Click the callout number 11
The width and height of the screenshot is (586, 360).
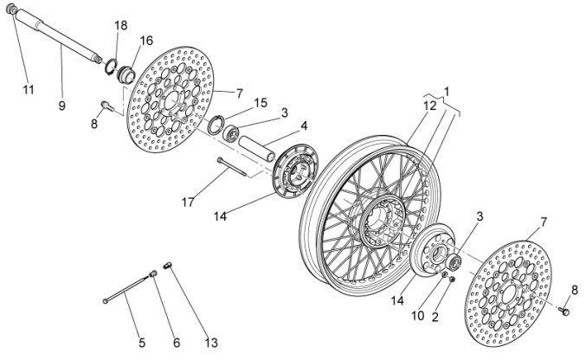pyautogui.click(x=29, y=90)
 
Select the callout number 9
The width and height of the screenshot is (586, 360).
pyautogui.click(x=62, y=106)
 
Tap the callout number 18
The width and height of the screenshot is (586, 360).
pyautogui.click(x=120, y=25)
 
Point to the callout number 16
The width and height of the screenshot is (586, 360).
pyautogui.click(x=146, y=41)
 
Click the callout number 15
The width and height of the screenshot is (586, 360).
pyautogui.click(x=261, y=103)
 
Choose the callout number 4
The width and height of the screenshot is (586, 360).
pyautogui.click(x=304, y=125)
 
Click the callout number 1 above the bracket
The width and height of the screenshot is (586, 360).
pyautogui.click(x=448, y=91)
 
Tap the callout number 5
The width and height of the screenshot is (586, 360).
pyautogui.click(x=142, y=328)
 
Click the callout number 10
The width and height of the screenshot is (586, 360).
pyautogui.click(x=417, y=316)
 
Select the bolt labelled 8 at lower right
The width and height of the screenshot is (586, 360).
pyautogui.click(x=563, y=307)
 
